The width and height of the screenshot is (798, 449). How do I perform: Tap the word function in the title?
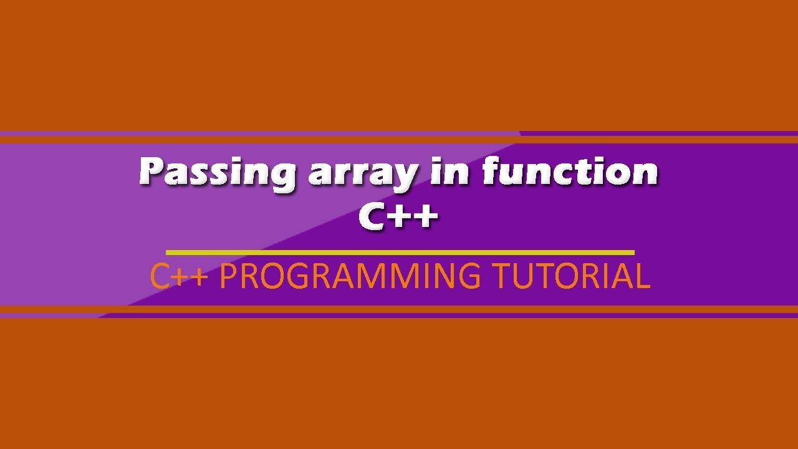coord(570,171)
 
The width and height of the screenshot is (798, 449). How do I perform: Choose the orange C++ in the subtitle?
coord(178,276)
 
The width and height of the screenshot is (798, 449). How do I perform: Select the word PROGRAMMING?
coord(350,276)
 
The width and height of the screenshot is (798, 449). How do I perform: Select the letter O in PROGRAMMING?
coord(269,276)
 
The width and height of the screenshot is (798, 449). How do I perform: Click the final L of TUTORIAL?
coord(642,276)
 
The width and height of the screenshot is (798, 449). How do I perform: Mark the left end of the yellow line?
coord(167,253)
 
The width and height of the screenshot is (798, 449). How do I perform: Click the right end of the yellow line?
coord(633,253)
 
